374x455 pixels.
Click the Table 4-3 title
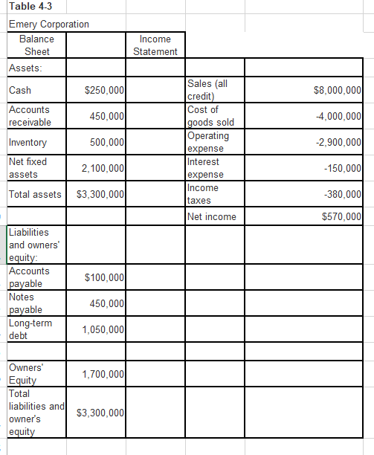27,7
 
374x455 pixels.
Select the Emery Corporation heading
49,24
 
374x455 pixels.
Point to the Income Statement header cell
155,45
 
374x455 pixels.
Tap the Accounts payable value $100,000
104,278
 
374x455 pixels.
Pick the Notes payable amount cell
106,304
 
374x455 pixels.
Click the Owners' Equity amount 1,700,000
102,374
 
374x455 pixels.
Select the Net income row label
213,217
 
